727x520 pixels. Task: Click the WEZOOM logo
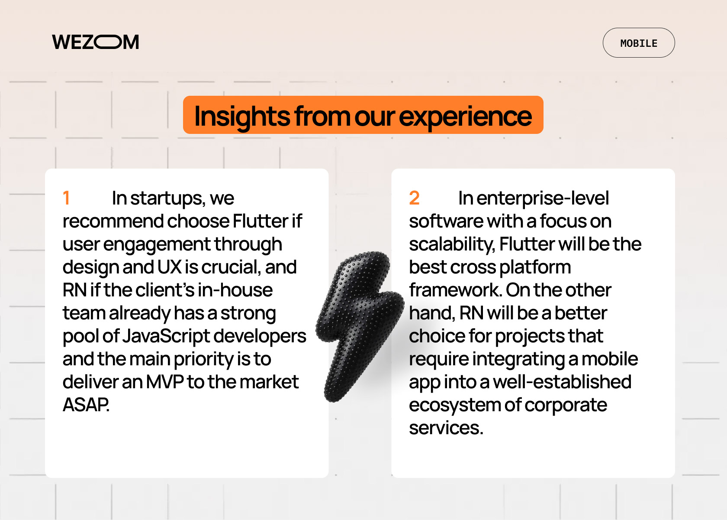(95, 42)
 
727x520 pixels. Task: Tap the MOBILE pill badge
(639, 43)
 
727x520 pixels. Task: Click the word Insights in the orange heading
(242, 117)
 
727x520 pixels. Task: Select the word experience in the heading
(466, 117)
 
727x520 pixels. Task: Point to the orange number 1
(67, 198)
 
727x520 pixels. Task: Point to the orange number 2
(414, 198)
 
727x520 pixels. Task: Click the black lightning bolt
(360, 326)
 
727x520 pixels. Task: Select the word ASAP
(86, 405)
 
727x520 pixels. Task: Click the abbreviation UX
(170, 267)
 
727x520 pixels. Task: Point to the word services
(446, 428)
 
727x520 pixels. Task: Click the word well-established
(562, 382)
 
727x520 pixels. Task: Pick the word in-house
(235, 290)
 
